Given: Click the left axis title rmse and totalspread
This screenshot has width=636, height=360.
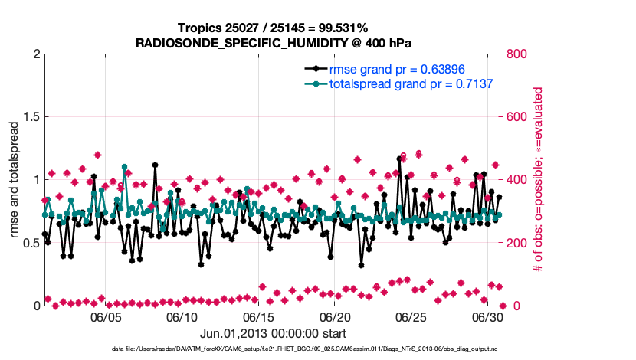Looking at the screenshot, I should coord(15,179).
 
